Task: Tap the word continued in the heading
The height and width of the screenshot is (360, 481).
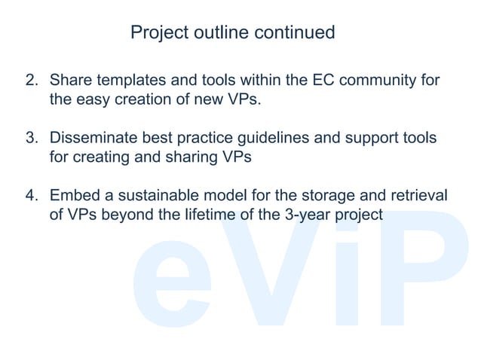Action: [x=294, y=33]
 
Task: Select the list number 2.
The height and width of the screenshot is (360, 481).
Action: [x=32, y=81]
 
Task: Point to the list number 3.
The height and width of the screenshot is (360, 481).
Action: [x=32, y=139]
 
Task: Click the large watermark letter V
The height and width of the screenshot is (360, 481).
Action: [x=256, y=271]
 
